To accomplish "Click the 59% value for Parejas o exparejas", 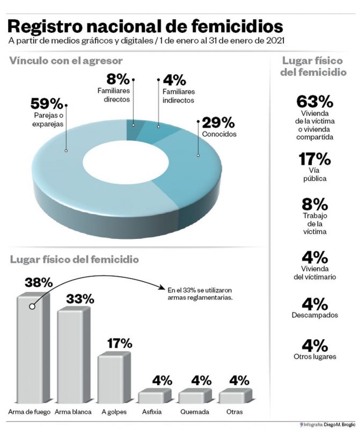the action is pos(47,104).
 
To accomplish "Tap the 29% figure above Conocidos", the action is pos(218,122).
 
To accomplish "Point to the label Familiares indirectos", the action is pos(179,96).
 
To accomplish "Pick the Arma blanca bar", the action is pos(74,355).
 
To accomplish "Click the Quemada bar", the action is pos(195,396).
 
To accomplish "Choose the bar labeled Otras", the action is pos(236,396).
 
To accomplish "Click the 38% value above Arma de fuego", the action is pos(39,282).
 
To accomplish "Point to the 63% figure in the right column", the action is pos(315,101).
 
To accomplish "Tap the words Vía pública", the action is pos(315,174).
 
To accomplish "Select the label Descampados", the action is pos(315,315).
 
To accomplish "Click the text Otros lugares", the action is pos(315,356).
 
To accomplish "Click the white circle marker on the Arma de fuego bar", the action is pos(32,307).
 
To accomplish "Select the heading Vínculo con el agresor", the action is pos(66,61).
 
